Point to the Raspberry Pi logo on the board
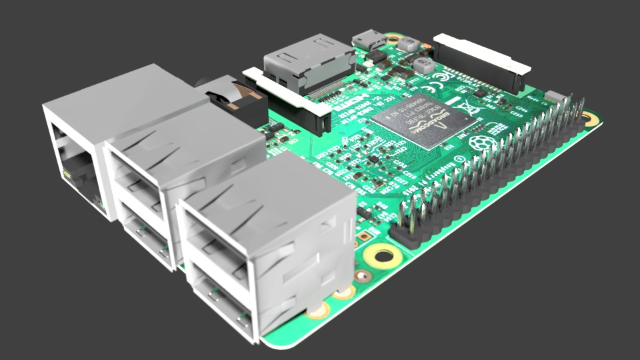[x=479, y=142]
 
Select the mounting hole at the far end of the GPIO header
[x=588, y=119]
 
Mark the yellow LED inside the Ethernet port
[x=67, y=175]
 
